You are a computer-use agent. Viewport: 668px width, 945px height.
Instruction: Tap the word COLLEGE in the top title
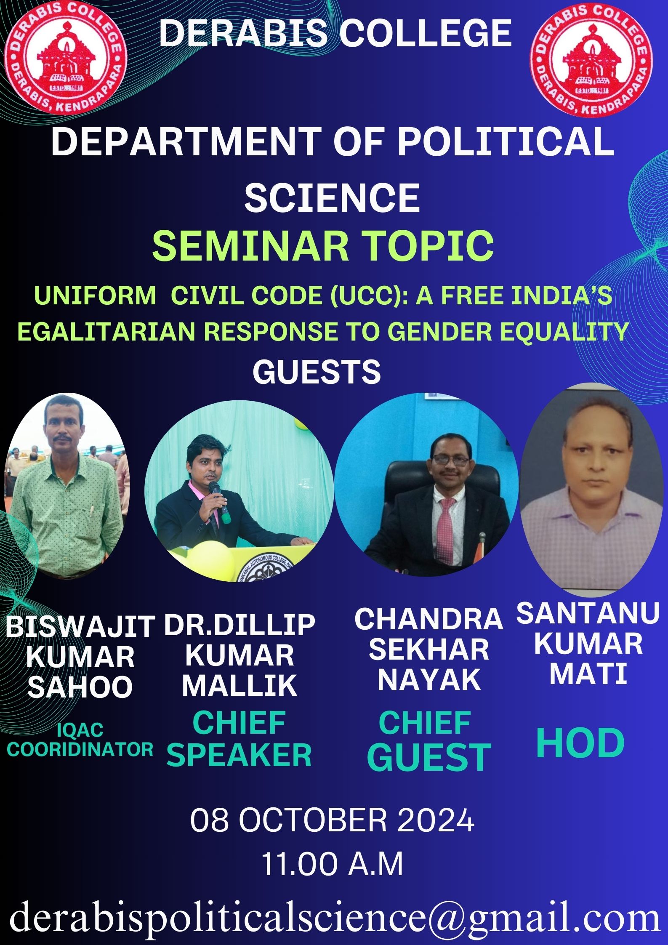point(426,34)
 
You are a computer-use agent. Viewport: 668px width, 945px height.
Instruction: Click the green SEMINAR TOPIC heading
point(323,246)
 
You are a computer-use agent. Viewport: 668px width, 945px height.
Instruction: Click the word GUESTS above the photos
point(317,372)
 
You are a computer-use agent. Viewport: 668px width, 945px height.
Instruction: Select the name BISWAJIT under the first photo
point(80,626)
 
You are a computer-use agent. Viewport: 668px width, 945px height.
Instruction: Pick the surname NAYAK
point(429,680)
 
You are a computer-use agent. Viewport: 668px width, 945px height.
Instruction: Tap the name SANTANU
point(588,613)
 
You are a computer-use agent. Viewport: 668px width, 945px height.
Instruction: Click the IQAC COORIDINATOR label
point(80,740)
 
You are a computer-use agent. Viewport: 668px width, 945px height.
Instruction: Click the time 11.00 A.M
point(333,865)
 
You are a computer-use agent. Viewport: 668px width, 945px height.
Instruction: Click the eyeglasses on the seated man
point(450,460)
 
